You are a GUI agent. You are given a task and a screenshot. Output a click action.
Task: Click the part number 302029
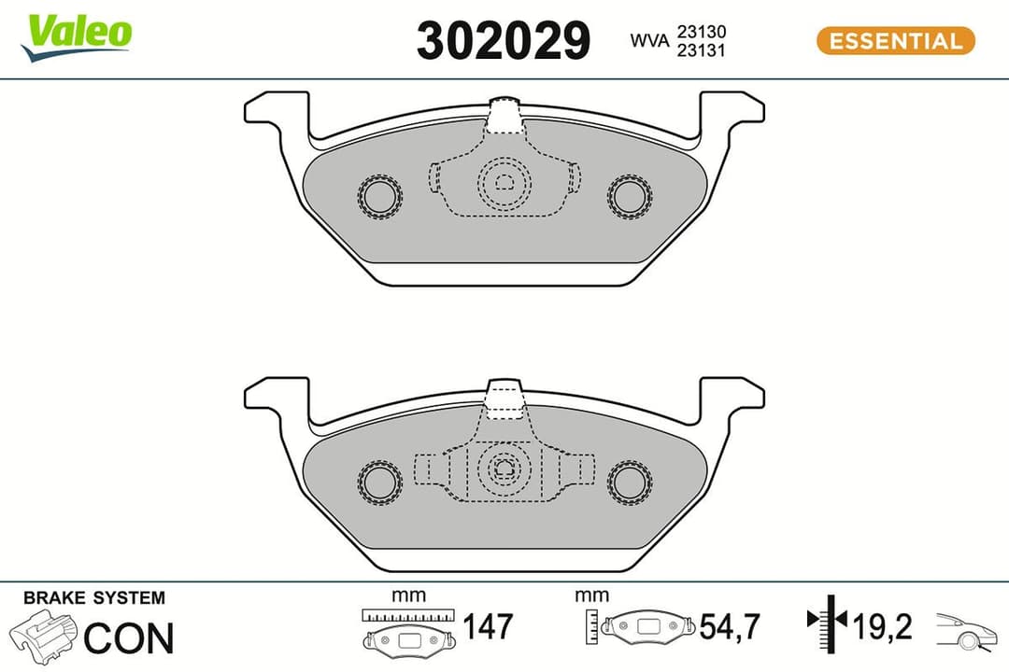[504, 41]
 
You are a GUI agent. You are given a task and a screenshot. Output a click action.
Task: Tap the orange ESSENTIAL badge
[895, 41]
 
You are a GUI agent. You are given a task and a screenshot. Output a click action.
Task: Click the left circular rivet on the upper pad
[380, 196]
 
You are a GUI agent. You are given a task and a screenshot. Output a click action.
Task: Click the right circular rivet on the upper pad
[629, 196]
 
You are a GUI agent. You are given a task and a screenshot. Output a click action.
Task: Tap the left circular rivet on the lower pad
[380, 480]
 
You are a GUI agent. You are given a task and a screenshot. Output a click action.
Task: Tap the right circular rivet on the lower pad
[629, 480]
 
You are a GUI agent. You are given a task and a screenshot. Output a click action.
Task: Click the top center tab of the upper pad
[504, 114]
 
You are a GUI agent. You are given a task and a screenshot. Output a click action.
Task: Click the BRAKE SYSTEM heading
[93, 598]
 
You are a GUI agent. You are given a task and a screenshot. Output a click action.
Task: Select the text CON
[128, 638]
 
